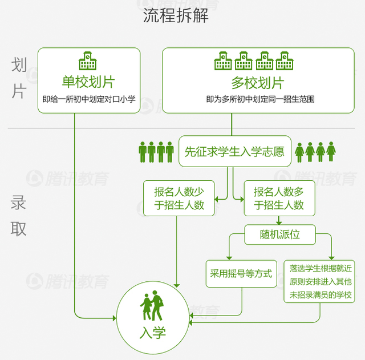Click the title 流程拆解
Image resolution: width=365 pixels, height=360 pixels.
pyautogui.click(x=176, y=15)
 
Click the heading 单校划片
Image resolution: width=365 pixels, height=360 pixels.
pyautogui.click(x=88, y=82)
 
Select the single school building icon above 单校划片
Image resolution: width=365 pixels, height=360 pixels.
pyautogui.click(x=88, y=60)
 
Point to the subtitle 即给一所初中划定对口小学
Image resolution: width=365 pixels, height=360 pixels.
pyautogui.click(x=88, y=99)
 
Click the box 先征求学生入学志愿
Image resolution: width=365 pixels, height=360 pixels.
pyautogui.click(x=234, y=151)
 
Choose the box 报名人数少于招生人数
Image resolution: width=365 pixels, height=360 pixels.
pyautogui.click(x=179, y=198)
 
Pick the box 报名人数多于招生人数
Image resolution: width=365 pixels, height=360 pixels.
pyautogui.click(x=279, y=198)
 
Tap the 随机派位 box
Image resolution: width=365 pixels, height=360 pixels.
pyautogui.click(x=279, y=234)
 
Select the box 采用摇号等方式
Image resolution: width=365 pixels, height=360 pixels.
pyautogui.click(x=241, y=274)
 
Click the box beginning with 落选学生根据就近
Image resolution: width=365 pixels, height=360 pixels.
pyautogui.click(x=320, y=281)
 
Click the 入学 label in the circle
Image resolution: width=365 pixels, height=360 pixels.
pyautogui.click(x=152, y=332)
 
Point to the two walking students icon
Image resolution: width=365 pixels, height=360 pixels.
pyautogui.click(x=152, y=306)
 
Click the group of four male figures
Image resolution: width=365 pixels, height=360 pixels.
pyautogui.click(x=156, y=152)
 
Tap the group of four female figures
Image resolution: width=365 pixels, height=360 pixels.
pyautogui.click(x=315, y=152)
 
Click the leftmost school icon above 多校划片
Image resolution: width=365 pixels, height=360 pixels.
pyautogui.click(x=223, y=60)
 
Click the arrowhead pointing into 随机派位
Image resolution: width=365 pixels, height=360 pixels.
pyautogui.click(x=279, y=223)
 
